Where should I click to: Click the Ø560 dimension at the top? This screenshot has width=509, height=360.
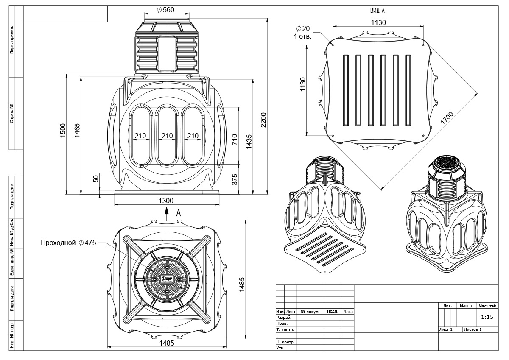[x=165, y=10]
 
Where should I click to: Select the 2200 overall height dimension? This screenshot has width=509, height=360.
[x=263, y=120]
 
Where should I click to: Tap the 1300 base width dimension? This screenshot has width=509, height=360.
[x=166, y=201]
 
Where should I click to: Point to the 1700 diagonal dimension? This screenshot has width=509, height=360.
[x=447, y=118]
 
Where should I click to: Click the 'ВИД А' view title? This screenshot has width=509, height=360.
[x=378, y=11]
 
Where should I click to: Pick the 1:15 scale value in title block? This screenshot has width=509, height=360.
[x=487, y=317]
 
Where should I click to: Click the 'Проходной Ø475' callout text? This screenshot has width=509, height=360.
[x=68, y=243]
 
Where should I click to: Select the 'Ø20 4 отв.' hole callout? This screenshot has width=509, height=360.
[x=302, y=32]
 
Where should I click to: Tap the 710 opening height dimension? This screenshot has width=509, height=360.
[x=235, y=139]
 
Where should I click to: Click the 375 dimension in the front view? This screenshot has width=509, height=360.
[x=235, y=179]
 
